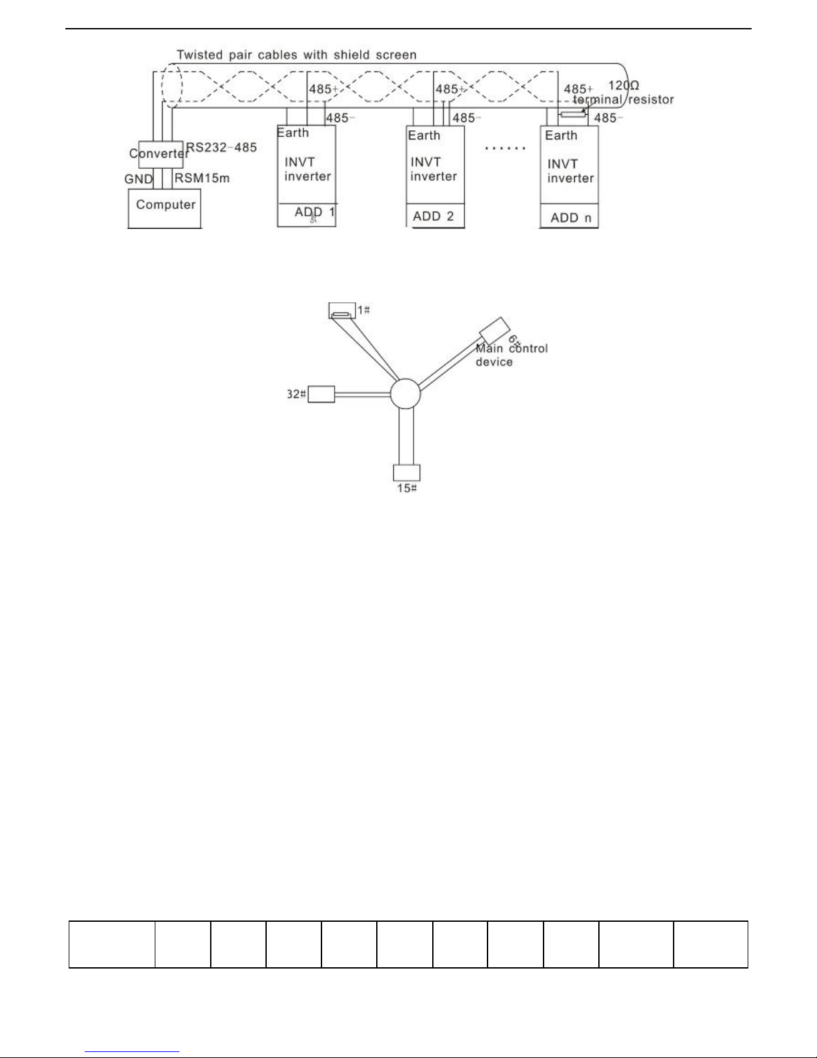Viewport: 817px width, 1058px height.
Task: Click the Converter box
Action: (159, 154)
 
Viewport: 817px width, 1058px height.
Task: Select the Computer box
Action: (165, 209)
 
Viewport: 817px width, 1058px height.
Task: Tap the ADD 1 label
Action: (315, 212)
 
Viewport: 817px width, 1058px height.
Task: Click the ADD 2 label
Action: (434, 216)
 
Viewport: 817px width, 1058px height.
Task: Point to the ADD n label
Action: (571, 218)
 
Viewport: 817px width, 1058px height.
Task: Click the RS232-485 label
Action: (221, 147)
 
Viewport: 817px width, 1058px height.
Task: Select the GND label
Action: (139, 180)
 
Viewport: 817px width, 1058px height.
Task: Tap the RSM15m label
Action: (202, 178)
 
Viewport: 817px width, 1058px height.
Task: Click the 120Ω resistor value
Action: (624, 86)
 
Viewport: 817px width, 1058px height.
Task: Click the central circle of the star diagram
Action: (405, 394)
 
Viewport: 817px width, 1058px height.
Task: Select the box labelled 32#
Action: (321, 394)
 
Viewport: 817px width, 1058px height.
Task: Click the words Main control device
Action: (511, 355)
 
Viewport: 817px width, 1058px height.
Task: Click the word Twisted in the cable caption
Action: (199, 55)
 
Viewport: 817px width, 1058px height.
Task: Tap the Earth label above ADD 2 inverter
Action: (424, 136)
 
